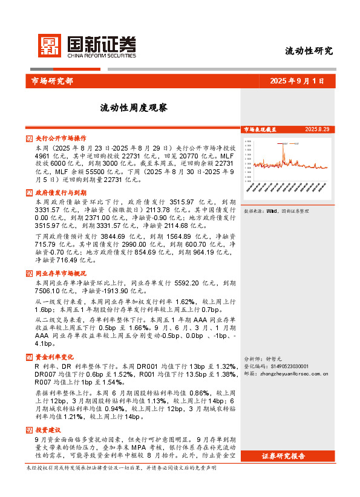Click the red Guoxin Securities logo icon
click(50, 45)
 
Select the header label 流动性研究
click(309, 51)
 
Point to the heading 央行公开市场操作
click(61, 138)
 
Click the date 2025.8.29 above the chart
click(317, 129)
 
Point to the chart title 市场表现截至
click(260, 129)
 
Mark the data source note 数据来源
click(276, 212)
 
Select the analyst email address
click(294, 374)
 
